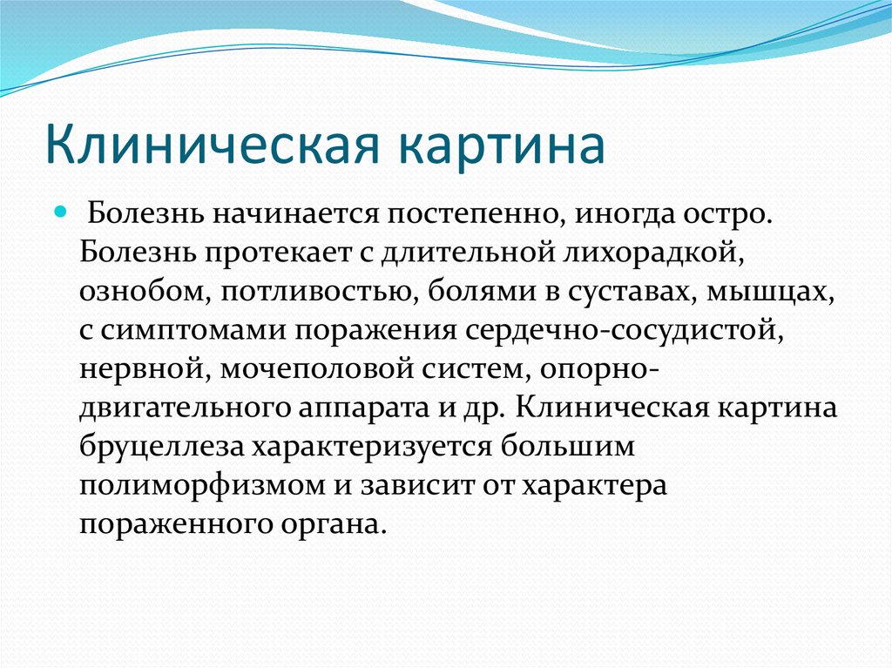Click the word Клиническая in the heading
212,145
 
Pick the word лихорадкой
653,253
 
